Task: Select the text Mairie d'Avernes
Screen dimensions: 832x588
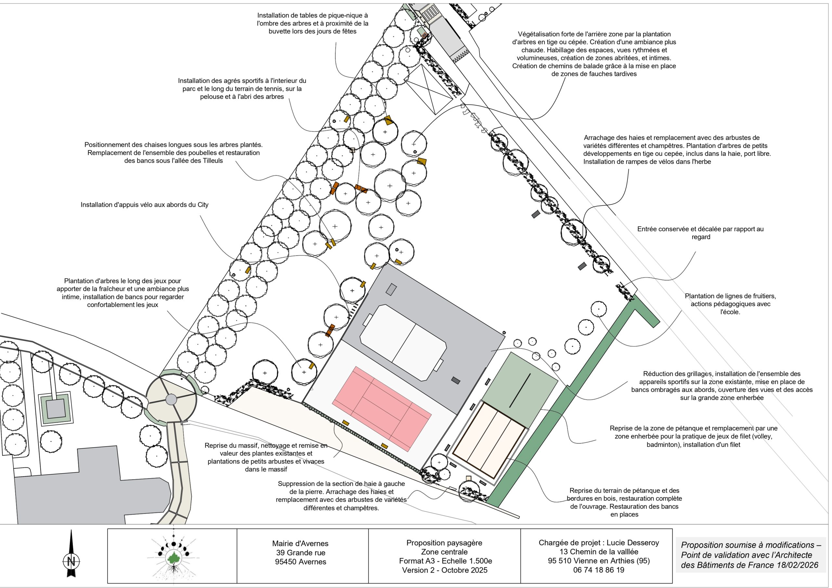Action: click(x=300, y=543)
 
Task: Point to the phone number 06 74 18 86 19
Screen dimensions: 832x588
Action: click(x=599, y=570)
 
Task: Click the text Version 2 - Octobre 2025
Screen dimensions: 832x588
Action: click(x=445, y=570)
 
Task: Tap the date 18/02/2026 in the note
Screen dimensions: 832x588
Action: click(x=798, y=565)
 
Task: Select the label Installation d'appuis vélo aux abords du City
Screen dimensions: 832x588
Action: click(x=145, y=205)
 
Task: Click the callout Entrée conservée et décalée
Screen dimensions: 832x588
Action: click(x=700, y=233)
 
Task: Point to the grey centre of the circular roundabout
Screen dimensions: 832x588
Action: click(x=171, y=400)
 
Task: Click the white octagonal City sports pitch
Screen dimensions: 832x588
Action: click(x=403, y=343)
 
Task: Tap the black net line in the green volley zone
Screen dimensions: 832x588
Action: click(x=520, y=390)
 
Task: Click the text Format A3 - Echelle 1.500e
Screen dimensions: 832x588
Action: click(x=445, y=561)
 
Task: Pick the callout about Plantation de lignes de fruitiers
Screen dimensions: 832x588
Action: click(x=730, y=304)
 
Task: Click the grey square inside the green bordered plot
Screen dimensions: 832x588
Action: click(x=56, y=408)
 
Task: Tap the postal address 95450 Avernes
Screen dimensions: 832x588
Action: click(x=300, y=562)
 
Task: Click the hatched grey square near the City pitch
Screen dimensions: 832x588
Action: click(x=391, y=289)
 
